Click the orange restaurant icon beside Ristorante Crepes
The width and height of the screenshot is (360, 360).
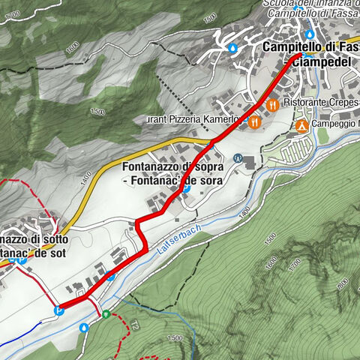[x=272, y=106]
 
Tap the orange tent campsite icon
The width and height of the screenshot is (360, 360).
[x=301, y=124]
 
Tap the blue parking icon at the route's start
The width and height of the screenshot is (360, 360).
[x=60, y=307]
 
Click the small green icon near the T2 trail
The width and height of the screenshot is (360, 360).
[x=106, y=314]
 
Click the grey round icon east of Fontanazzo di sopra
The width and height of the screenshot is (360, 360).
[x=238, y=158]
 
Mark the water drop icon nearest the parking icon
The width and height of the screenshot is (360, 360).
[x=84, y=327]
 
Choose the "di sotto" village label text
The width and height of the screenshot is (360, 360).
[x=34, y=239]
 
